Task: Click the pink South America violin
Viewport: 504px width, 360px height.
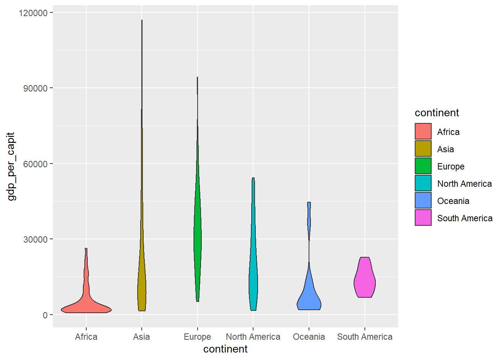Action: coord(364,279)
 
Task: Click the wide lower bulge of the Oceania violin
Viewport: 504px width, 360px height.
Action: coord(309,298)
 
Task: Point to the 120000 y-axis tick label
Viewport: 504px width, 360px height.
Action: coord(33,13)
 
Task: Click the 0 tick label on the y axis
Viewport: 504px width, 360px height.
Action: coord(45,315)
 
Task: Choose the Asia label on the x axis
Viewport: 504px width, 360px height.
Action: coord(141,337)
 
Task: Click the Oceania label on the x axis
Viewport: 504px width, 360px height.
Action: coord(309,337)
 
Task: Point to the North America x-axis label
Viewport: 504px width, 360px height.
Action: coord(253,337)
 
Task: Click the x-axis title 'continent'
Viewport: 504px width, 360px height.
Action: coord(225,349)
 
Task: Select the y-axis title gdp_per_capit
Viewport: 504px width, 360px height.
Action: coord(11,166)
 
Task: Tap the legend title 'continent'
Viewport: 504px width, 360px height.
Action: coord(436,113)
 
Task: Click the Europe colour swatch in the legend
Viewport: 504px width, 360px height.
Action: coord(423,166)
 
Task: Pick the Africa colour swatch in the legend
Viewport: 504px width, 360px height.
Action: coord(423,132)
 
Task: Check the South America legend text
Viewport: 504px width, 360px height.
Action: coord(465,218)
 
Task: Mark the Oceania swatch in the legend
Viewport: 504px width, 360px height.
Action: coord(423,201)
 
